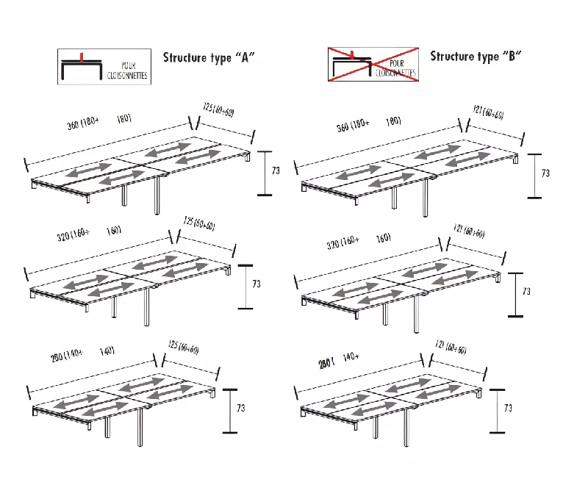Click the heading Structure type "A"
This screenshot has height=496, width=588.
[x=209, y=57]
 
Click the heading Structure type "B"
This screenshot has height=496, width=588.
[x=476, y=56]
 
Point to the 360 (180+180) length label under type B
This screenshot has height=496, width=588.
[x=368, y=124]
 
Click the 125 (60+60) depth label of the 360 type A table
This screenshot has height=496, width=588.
[x=218, y=111]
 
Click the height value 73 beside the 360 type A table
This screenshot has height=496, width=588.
[x=276, y=170]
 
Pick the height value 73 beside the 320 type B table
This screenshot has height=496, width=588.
[x=526, y=292]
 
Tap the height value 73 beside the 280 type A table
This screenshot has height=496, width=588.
[x=241, y=407]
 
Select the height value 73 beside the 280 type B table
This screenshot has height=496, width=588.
[x=507, y=406]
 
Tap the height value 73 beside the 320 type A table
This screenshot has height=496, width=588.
[x=257, y=282]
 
